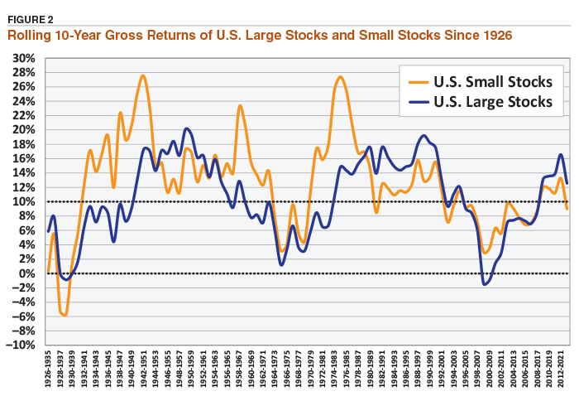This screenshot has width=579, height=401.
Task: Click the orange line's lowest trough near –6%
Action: (63, 315)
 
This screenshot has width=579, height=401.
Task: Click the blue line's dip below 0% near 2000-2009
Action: (486, 284)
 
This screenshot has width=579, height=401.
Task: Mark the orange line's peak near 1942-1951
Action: (143, 76)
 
